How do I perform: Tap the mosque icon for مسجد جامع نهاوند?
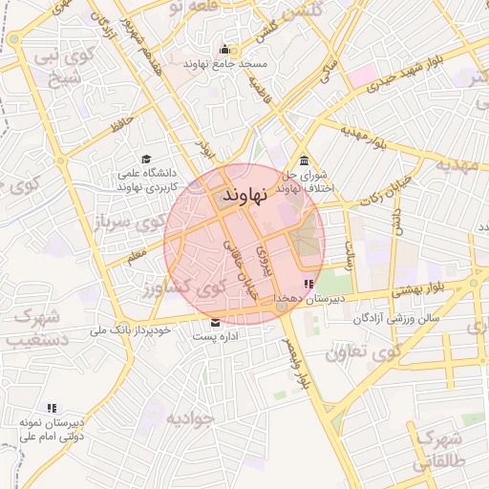pyautogui.click(x=225, y=50)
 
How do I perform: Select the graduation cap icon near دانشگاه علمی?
pyautogui.click(x=146, y=159)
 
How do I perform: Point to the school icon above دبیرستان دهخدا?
pyautogui.click(x=308, y=284)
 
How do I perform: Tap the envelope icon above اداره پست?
pyautogui.click(x=214, y=323)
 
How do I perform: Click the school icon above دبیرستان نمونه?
pyautogui.click(x=51, y=408)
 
